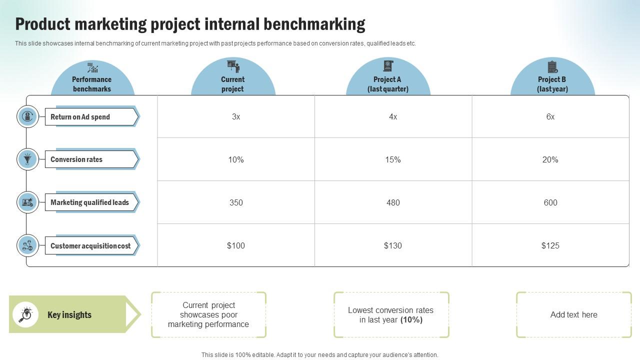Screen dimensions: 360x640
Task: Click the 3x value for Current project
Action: click(x=236, y=117)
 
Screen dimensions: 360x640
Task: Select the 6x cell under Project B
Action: click(x=550, y=117)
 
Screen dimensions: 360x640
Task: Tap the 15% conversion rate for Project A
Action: click(x=393, y=160)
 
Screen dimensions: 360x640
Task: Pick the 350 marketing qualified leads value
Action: click(x=236, y=203)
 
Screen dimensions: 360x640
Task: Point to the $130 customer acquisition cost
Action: click(x=393, y=245)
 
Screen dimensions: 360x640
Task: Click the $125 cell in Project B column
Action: click(x=550, y=245)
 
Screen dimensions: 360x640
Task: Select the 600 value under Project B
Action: click(x=550, y=203)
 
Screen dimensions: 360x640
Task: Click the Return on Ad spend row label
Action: click(x=80, y=117)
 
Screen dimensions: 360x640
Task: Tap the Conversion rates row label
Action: click(x=76, y=159)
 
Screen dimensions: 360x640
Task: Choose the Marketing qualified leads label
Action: click(x=89, y=202)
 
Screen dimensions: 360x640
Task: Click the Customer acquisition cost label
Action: click(x=90, y=246)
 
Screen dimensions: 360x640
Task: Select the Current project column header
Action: click(x=232, y=84)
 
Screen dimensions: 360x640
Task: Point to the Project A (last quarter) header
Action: click(x=387, y=84)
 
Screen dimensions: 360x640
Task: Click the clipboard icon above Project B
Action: click(x=552, y=66)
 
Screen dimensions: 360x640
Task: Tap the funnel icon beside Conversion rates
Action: click(x=27, y=159)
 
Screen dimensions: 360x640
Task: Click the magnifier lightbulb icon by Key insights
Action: click(x=25, y=314)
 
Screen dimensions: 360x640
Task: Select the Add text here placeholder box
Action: click(x=573, y=315)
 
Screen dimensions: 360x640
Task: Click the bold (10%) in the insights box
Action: click(x=411, y=320)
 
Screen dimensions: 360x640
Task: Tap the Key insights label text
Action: click(x=69, y=315)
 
